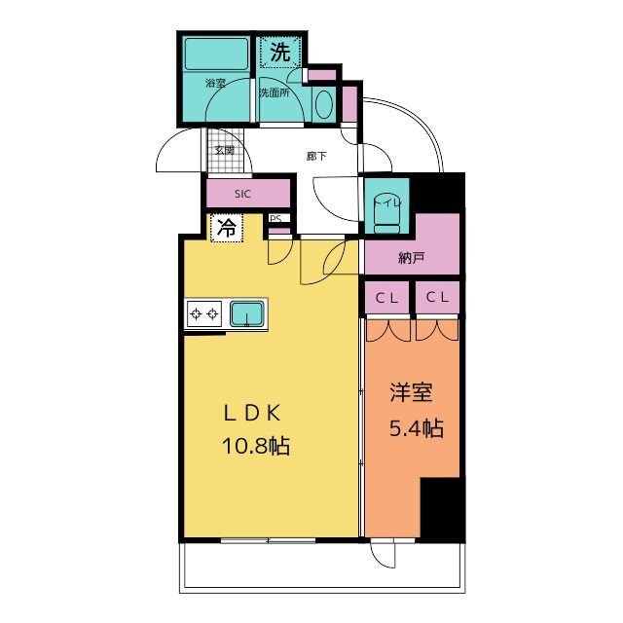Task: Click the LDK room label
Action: [x=253, y=413]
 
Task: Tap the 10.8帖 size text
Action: [x=256, y=446]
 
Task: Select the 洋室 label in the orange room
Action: [x=411, y=392]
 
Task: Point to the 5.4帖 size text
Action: [x=416, y=428]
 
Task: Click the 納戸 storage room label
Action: [x=411, y=259]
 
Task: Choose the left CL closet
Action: [x=387, y=298]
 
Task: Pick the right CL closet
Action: [x=437, y=297]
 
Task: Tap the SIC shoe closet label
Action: [x=242, y=194]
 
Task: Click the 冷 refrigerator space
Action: [x=227, y=228]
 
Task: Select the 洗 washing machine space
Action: [x=280, y=52]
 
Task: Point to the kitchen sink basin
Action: [x=246, y=313]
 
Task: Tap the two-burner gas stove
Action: [x=204, y=313]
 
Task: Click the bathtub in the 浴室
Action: [x=216, y=54]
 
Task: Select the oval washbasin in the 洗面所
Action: [x=324, y=104]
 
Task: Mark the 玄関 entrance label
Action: [x=225, y=150]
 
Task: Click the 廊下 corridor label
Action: [x=316, y=156]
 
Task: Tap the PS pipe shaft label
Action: [x=275, y=218]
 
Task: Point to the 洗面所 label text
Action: [x=275, y=93]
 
